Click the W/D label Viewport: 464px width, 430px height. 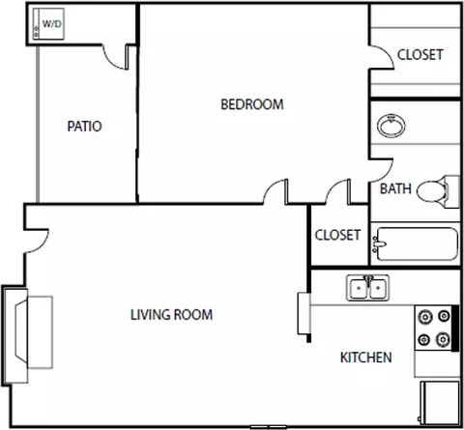point(52,24)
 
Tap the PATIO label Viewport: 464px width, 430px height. point(84,127)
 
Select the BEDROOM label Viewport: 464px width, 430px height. point(252,104)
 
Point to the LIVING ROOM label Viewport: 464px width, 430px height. point(171,315)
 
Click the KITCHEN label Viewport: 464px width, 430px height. point(366,358)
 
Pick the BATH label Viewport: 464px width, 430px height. point(395,188)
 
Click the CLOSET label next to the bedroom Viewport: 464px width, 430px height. point(420,55)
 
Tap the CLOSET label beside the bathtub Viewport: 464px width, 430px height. point(337,235)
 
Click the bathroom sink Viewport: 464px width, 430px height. point(391,126)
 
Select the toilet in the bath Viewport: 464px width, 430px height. point(438,191)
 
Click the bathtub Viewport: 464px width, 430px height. point(416,244)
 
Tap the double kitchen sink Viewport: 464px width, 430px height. point(367,288)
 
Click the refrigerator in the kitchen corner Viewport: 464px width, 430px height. point(440,403)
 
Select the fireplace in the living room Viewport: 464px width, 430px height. point(28,335)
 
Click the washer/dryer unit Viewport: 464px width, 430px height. point(48,24)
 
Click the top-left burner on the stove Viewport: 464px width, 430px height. point(425,317)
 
